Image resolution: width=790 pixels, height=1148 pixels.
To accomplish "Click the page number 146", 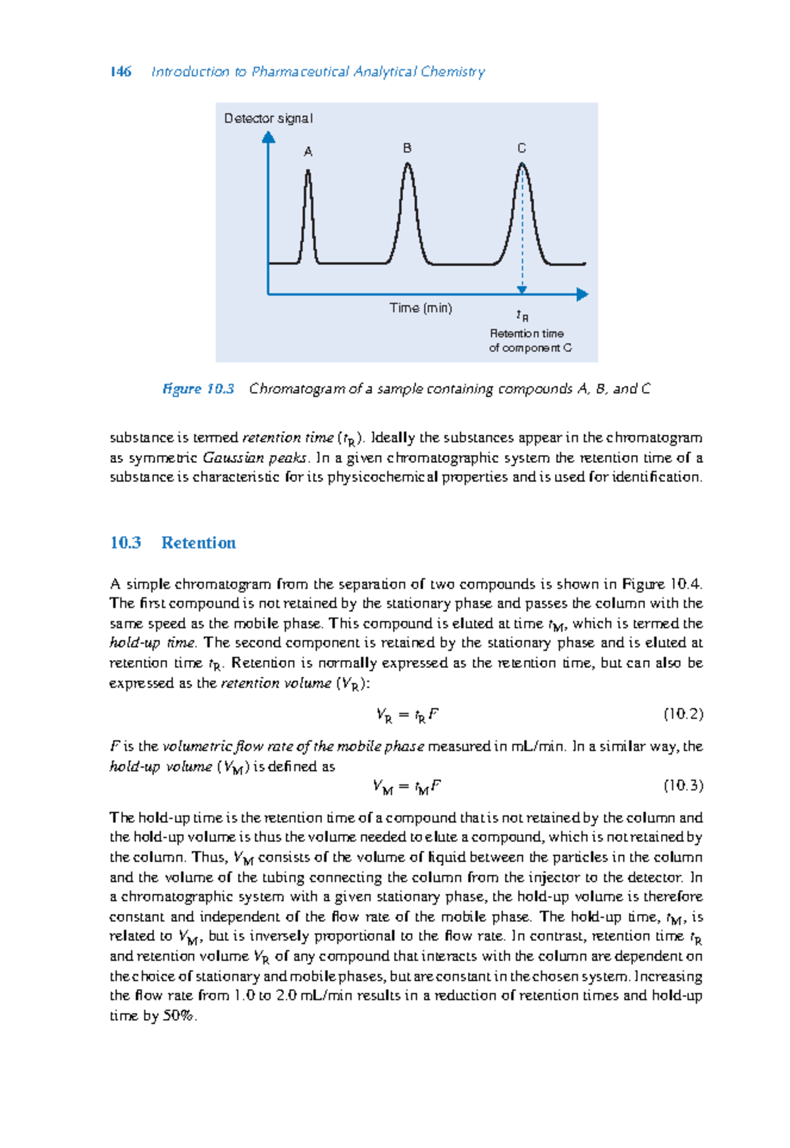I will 120,72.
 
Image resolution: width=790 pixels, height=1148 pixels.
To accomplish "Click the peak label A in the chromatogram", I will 307,152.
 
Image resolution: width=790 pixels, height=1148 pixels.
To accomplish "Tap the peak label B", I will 407,148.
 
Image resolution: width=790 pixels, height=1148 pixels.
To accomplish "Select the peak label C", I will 521,148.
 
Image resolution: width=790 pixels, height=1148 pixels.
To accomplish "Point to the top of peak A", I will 307,171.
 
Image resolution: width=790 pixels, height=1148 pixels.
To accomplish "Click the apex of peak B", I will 408,164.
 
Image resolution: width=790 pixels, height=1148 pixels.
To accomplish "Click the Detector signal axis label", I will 268,119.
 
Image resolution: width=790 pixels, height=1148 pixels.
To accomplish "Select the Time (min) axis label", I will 421,308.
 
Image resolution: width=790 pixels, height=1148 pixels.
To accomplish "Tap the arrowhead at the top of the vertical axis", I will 268,136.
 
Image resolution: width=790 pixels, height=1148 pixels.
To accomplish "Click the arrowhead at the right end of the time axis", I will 582,294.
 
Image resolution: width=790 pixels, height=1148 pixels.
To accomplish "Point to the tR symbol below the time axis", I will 522,315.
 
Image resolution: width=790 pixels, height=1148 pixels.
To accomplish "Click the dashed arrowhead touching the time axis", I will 522,290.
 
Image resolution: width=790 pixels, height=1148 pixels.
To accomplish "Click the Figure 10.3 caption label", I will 198,389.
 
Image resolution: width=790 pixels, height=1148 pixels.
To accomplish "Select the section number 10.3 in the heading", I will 125,543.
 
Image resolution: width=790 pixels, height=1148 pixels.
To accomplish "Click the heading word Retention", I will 198,543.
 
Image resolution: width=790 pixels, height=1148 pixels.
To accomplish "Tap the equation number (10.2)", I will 683,714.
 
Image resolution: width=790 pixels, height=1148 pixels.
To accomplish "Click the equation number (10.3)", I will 683,785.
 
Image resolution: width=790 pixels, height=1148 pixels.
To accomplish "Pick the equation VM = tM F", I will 406,786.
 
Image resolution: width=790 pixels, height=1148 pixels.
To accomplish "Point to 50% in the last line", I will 178,1016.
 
